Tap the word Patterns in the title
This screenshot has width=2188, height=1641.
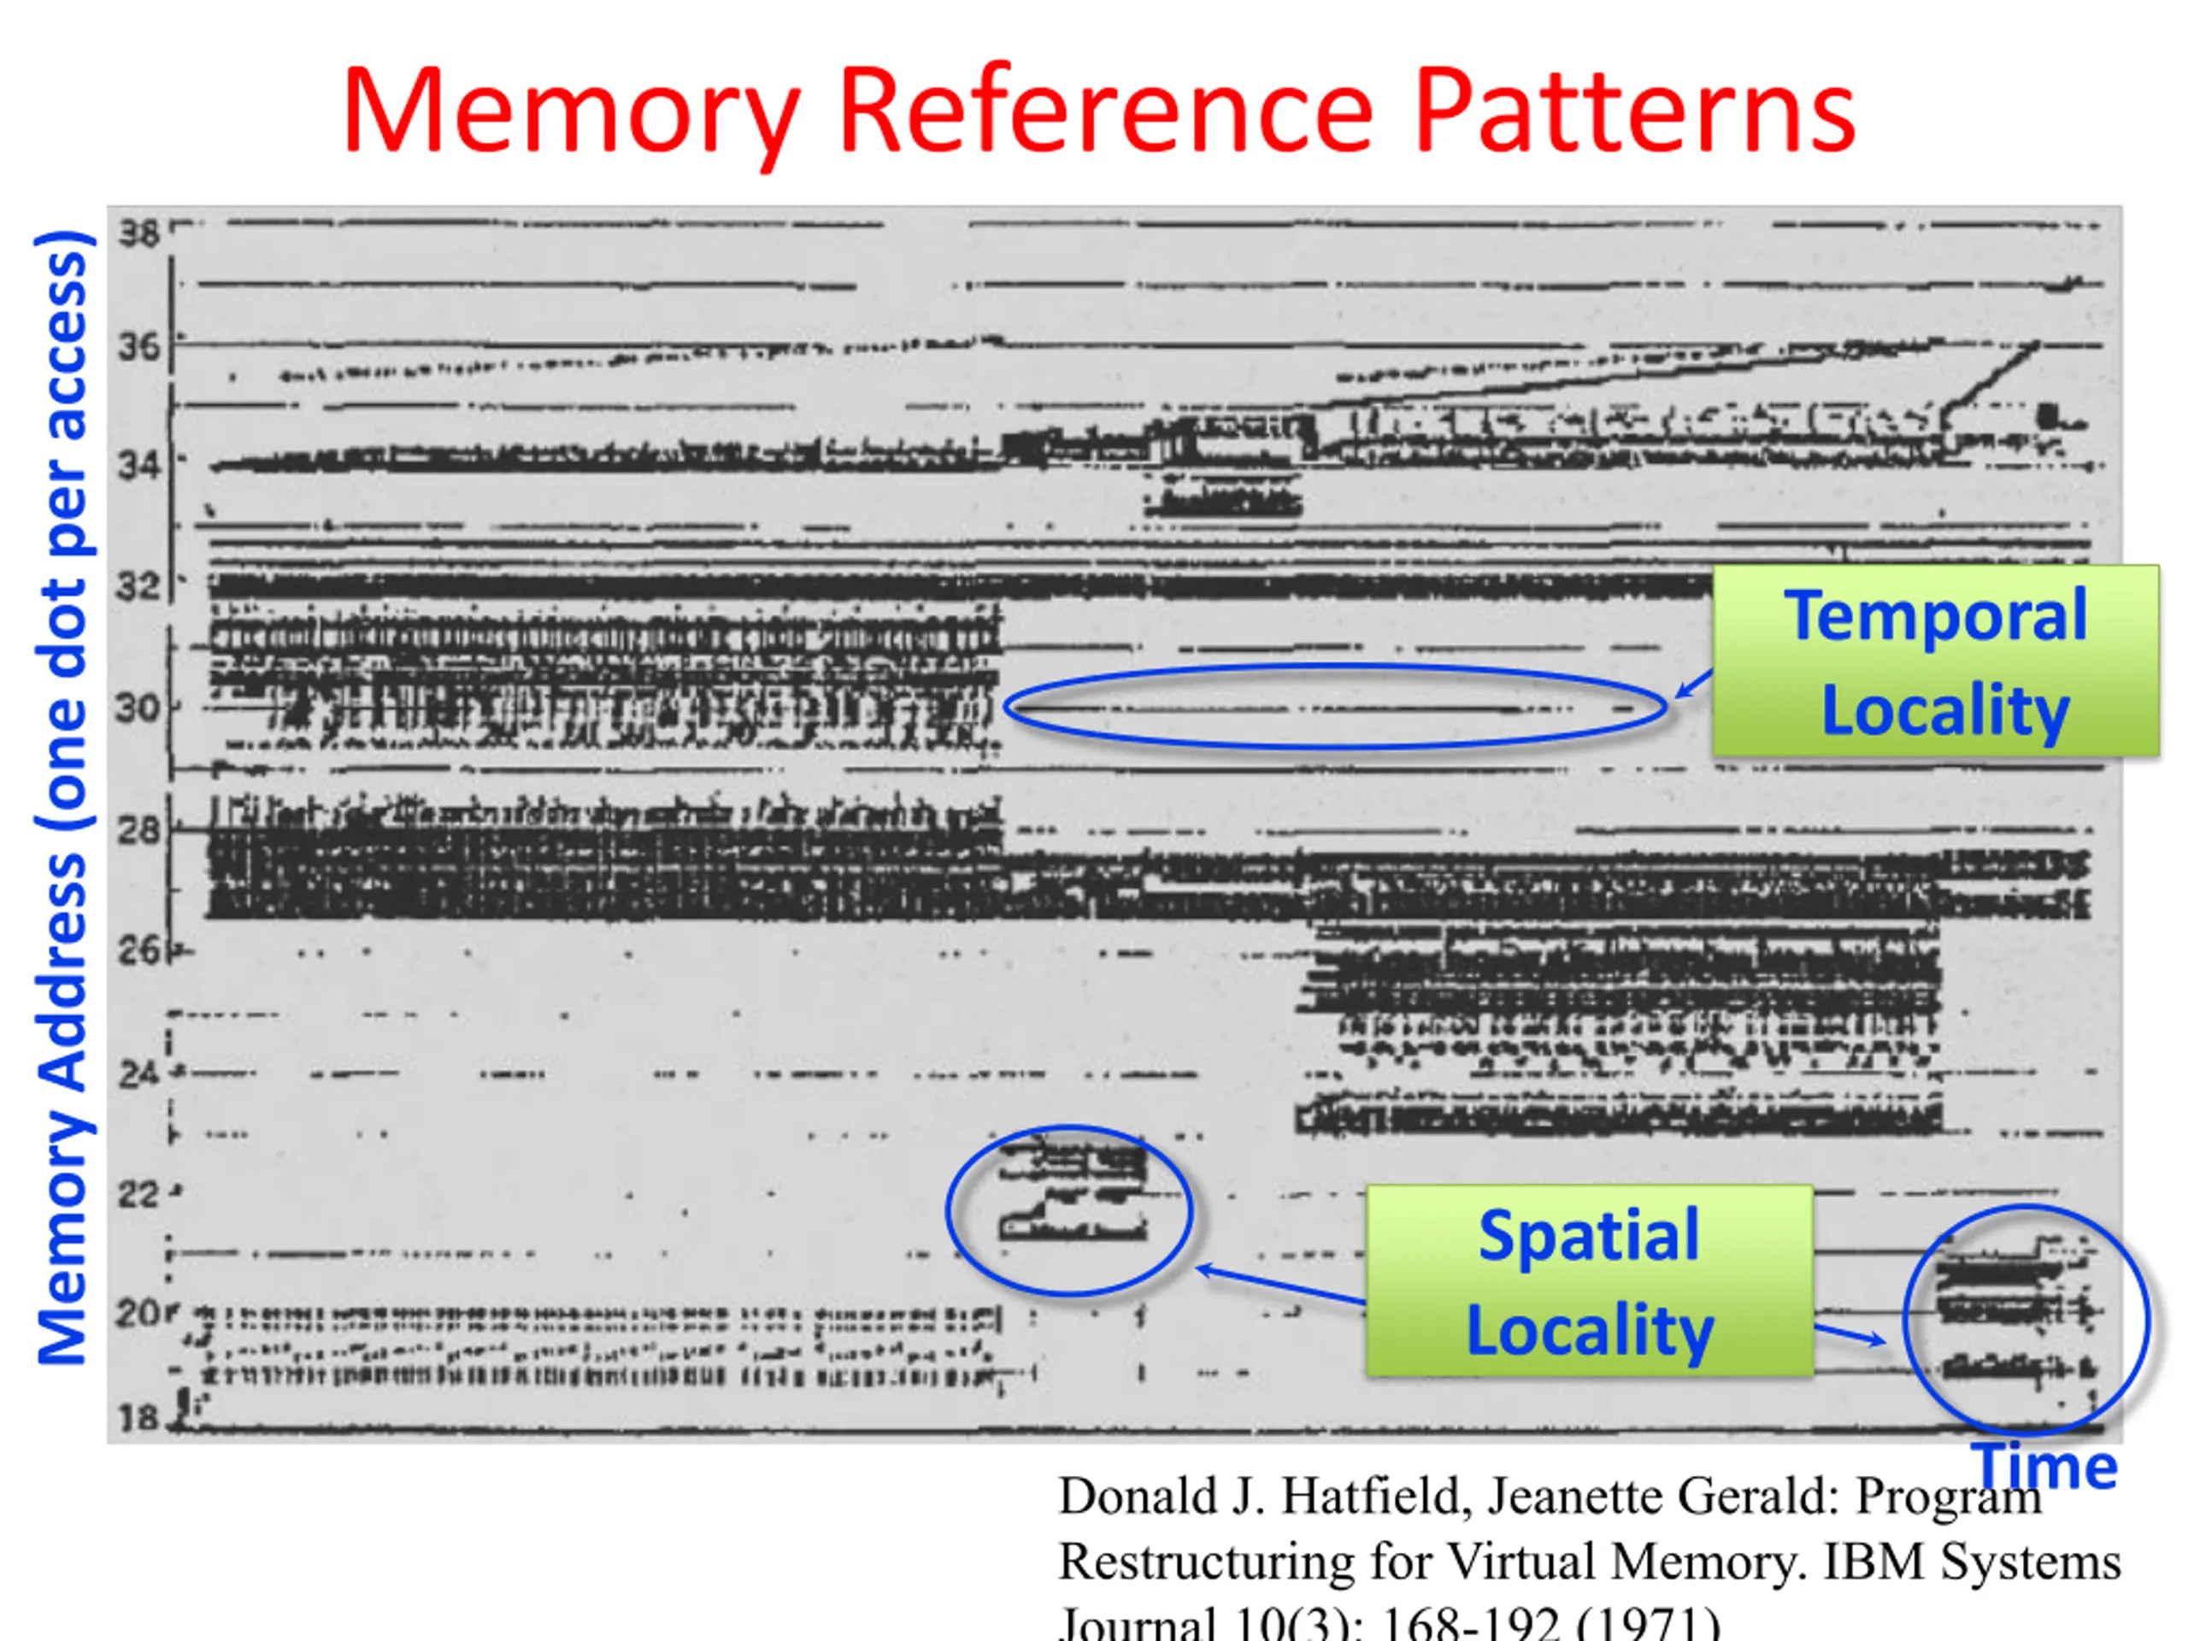point(1634,111)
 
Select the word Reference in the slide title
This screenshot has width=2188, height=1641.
point(1106,111)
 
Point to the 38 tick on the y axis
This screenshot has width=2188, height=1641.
point(138,233)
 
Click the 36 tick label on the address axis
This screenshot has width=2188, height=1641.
point(138,346)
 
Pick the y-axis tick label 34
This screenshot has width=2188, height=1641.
point(138,464)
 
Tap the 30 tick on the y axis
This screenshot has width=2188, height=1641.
point(137,709)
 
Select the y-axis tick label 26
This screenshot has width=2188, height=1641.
point(138,950)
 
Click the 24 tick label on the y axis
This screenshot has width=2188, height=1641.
point(138,1073)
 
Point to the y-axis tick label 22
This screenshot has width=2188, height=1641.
point(138,1195)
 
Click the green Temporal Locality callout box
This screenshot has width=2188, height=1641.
point(1936,661)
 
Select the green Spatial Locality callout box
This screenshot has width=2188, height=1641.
point(1590,1281)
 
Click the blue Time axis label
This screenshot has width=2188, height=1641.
point(2044,1465)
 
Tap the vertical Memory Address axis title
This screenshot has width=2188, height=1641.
point(63,797)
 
